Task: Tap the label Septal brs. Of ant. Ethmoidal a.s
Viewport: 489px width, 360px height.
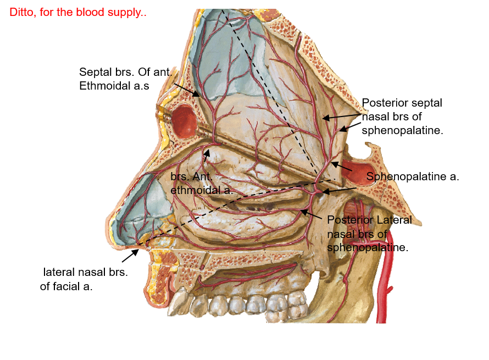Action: [126, 79]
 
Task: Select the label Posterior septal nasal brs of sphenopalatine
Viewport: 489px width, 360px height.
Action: [402, 117]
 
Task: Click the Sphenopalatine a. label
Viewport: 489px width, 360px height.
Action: [412, 177]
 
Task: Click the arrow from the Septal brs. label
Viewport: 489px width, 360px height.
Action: [187, 90]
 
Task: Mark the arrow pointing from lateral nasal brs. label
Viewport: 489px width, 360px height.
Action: [130, 254]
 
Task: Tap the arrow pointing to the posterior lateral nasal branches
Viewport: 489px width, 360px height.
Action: [310, 214]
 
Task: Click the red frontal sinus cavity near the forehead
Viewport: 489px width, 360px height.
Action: [184, 121]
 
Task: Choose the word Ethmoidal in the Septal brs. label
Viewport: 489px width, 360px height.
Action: [104, 86]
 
